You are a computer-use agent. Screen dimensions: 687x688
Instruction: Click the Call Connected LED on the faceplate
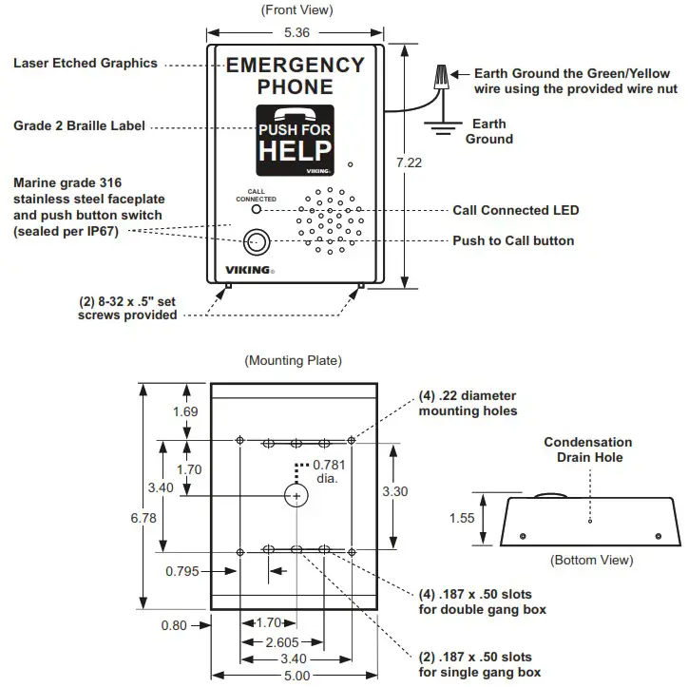pos(256,209)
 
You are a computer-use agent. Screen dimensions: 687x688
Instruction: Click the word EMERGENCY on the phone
pos(296,65)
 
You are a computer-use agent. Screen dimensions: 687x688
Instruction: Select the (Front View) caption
pos(296,10)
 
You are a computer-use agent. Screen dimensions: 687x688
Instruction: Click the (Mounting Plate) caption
pos(294,361)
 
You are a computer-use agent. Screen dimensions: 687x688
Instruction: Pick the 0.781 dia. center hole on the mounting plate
pos(296,496)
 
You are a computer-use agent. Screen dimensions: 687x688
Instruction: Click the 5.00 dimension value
pos(296,676)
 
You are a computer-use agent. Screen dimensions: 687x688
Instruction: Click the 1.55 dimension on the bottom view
pos(464,519)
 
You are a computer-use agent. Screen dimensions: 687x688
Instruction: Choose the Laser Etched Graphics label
pos(86,64)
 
